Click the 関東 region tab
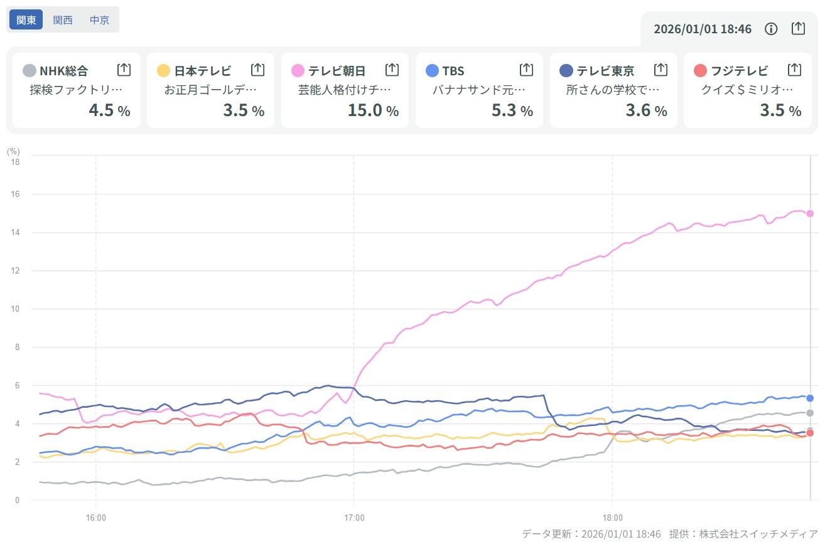click(26, 19)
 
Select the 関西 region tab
click(63, 19)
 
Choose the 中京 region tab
click(99, 19)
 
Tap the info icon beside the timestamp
click(771, 29)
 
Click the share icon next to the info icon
click(797, 29)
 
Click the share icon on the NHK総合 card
click(124, 70)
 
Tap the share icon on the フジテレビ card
click(794, 70)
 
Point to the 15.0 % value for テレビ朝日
click(373, 111)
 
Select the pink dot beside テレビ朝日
click(298, 70)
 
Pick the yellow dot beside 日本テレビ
click(163, 70)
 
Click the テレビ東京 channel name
click(605, 71)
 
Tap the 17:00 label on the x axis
click(354, 518)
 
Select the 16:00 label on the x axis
click(95, 518)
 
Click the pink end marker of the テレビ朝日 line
click(810, 213)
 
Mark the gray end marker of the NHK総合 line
click(810, 413)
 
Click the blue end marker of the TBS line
click(810, 398)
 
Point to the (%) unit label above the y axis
click(13, 151)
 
